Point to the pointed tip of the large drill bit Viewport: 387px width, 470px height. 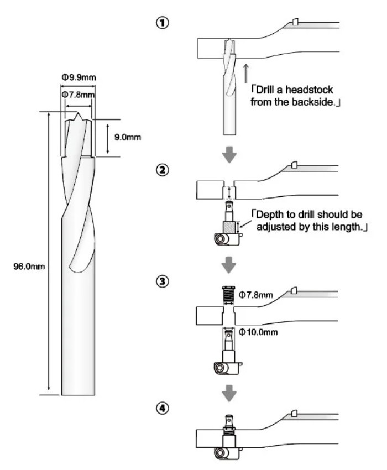(x=79, y=115)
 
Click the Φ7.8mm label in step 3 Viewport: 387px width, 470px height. (x=258, y=296)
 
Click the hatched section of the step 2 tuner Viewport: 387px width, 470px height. (x=229, y=227)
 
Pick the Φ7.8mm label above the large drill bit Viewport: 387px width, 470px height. (x=79, y=95)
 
